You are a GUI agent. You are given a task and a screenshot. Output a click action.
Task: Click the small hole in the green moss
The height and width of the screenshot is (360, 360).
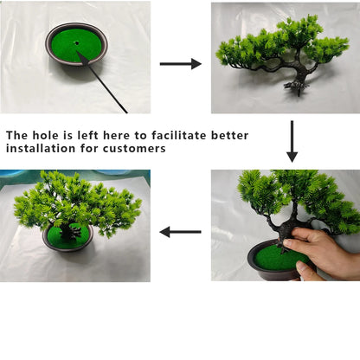click(76, 42)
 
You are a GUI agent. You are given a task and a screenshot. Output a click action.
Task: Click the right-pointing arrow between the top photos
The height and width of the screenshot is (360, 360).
click(180, 63)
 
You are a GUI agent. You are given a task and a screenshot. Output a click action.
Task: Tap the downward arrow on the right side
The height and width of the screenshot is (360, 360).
click(292, 141)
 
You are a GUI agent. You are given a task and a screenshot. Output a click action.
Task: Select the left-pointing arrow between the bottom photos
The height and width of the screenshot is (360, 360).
click(181, 232)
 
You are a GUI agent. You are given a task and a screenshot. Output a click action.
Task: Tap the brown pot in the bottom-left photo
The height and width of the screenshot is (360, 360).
click(67, 245)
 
